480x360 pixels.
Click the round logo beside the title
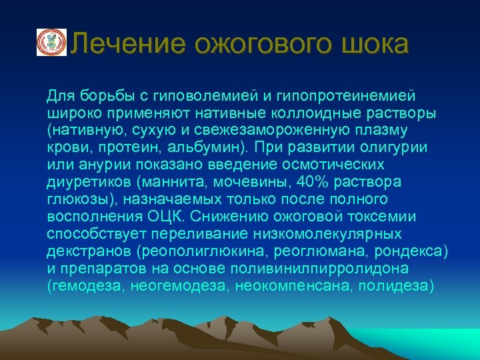[x=51, y=43]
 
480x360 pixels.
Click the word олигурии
[x=395, y=147]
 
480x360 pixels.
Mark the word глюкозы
[x=79, y=199]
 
